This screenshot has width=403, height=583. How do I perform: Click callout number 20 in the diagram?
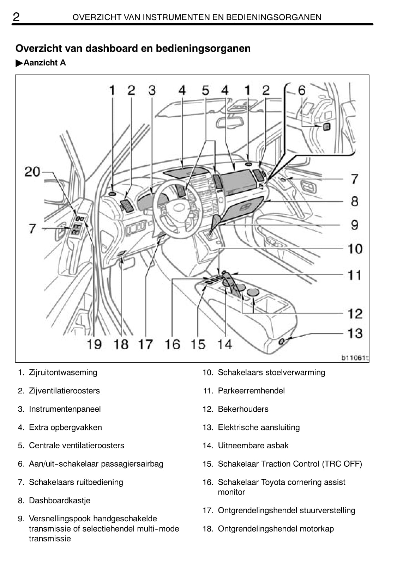tap(32, 172)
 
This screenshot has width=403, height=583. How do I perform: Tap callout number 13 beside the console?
tap(355, 333)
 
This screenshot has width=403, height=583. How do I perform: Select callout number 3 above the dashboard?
tap(152, 91)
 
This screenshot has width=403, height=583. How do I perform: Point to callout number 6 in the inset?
tap(302, 91)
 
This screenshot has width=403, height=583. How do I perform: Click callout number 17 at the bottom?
tap(145, 344)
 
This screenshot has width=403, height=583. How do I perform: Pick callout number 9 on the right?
tap(355, 225)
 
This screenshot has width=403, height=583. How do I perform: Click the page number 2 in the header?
tap(16, 17)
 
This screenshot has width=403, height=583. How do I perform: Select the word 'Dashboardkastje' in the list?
tap(60, 501)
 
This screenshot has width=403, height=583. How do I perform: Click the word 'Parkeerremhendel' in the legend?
tap(251, 391)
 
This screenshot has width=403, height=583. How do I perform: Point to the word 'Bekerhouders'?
tap(243, 409)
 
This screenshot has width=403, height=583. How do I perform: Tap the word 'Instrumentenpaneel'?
tap(65, 409)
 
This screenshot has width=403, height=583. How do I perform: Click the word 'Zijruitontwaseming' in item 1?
tap(63, 372)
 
